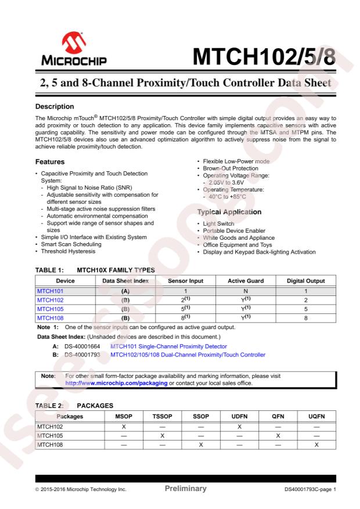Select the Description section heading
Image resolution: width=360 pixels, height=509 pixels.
pos(57,107)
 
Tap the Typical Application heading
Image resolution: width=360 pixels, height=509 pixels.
pos(229,212)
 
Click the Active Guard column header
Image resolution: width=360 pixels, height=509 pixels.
pos(246,281)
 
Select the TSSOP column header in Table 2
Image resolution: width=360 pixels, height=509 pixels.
pos(163,416)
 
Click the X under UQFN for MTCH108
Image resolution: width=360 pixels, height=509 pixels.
pos(316,444)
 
